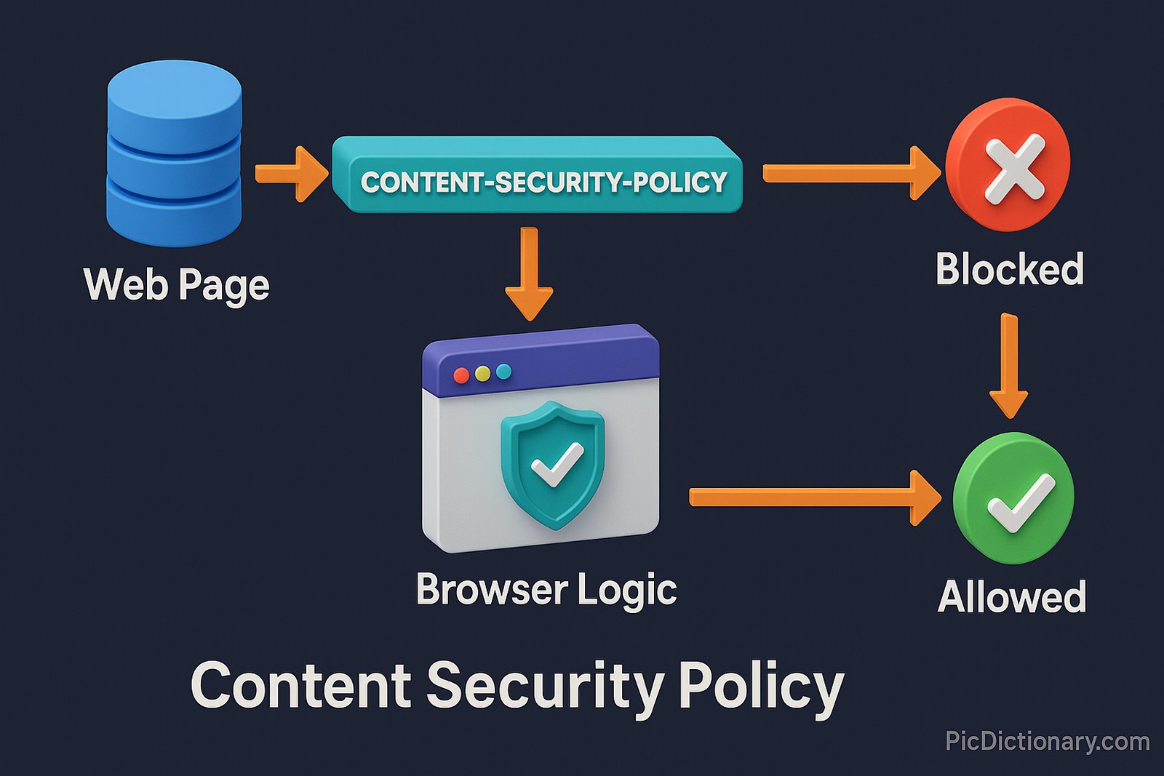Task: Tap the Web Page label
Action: (177, 284)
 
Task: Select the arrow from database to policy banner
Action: (291, 174)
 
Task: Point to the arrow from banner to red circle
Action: (851, 173)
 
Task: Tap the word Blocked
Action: (1009, 269)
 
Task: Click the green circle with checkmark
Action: (1013, 498)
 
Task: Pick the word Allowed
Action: (1011, 597)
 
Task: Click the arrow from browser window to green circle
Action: (815, 497)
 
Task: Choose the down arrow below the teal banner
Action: (530, 273)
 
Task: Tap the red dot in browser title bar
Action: (461, 375)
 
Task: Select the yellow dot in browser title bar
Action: (482, 374)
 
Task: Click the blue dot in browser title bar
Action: (503, 372)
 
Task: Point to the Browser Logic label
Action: (546, 589)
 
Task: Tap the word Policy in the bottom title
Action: (761, 687)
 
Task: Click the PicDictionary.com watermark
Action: (1047, 741)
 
